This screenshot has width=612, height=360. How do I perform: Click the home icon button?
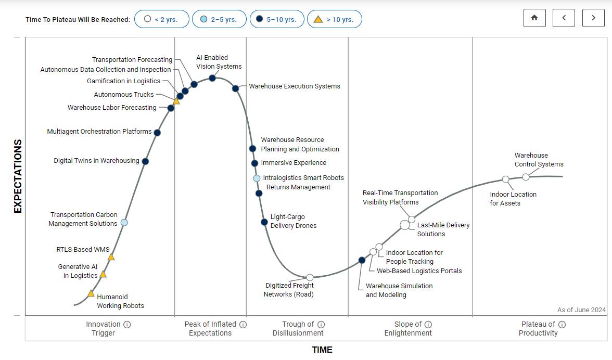(x=534, y=18)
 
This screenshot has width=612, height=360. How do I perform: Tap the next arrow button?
(x=593, y=18)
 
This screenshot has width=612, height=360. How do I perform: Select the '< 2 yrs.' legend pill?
(x=161, y=19)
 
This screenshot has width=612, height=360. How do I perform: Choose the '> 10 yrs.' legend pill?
(x=334, y=19)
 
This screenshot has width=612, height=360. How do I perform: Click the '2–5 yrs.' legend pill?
(x=218, y=19)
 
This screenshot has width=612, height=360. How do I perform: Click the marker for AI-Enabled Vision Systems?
(x=212, y=78)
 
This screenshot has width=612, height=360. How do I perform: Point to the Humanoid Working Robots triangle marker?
(x=91, y=293)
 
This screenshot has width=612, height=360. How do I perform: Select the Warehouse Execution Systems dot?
(x=235, y=88)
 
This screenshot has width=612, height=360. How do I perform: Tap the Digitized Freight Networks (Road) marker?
(x=310, y=277)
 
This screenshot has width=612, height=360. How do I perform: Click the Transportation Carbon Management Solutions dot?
(x=124, y=223)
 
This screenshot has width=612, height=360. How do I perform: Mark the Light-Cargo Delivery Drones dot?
(x=264, y=222)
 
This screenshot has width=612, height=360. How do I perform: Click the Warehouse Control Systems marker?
(x=526, y=177)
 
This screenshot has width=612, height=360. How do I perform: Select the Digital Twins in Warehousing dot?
(x=145, y=161)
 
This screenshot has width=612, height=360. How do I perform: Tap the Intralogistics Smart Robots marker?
(x=257, y=178)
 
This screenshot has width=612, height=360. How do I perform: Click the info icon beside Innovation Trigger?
(x=127, y=324)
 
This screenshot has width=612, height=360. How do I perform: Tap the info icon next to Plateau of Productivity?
(x=562, y=324)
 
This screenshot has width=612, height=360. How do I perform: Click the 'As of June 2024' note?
(x=581, y=310)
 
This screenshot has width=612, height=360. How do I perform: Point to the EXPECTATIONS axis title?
(x=18, y=176)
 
